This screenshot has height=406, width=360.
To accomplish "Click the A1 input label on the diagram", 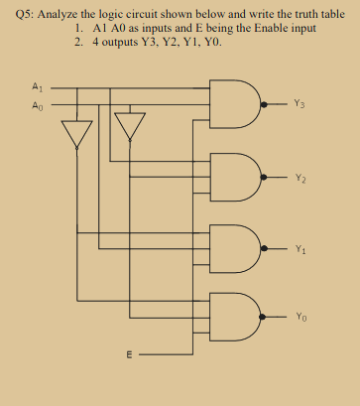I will pyautogui.click(x=37, y=86).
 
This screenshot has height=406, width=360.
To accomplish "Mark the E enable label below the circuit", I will pyautogui.click(x=126, y=354).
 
